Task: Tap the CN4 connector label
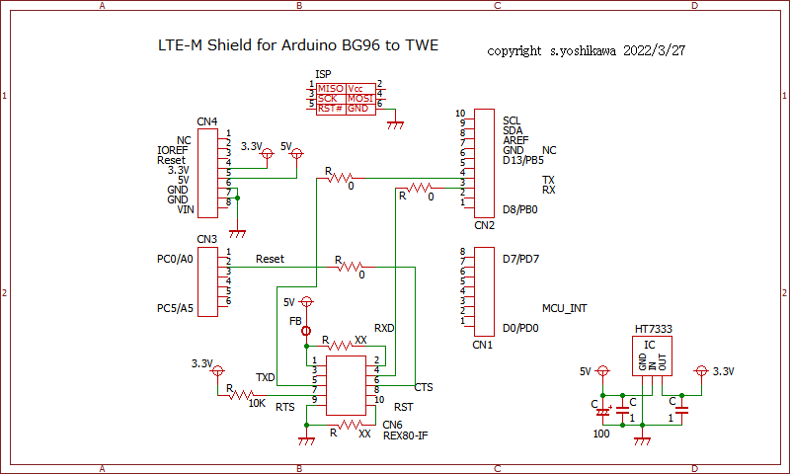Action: pyautogui.click(x=206, y=122)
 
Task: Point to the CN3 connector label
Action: pyautogui.click(x=206, y=239)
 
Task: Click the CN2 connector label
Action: pyautogui.click(x=484, y=225)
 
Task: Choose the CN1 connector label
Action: pyautogui.click(x=482, y=346)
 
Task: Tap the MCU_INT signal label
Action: pyautogui.click(x=565, y=308)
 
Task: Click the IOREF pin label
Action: pyautogui.click(x=172, y=150)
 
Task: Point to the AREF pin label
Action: pyautogui.click(x=515, y=140)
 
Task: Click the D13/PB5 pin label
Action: pyautogui.click(x=522, y=160)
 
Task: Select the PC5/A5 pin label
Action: pyautogui.click(x=175, y=308)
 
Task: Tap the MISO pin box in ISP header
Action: pyautogui.click(x=330, y=89)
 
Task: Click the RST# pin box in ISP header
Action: pyautogui.click(x=330, y=109)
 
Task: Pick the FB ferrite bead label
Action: pyautogui.click(x=295, y=322)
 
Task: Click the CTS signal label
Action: pyautogui.click(x=424, y=387)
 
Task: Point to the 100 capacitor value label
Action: pyautogui.click(x=600, y=434)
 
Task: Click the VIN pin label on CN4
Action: pyautogui.click(x=185, y=209)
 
